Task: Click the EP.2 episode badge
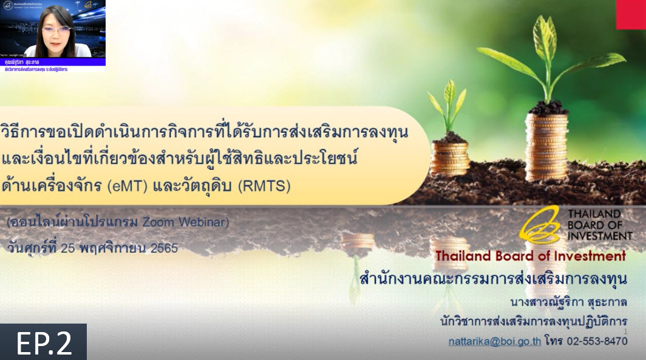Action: click(43, 342)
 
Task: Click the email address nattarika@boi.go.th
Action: click(494, 341)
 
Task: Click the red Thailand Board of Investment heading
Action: click(530, 256)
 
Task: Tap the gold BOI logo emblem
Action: click(540, 225)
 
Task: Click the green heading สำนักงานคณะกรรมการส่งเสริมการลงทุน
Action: click(493, 280)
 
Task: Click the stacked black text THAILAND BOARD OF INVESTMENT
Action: click(593, 225)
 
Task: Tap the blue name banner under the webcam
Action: click(53, 62)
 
